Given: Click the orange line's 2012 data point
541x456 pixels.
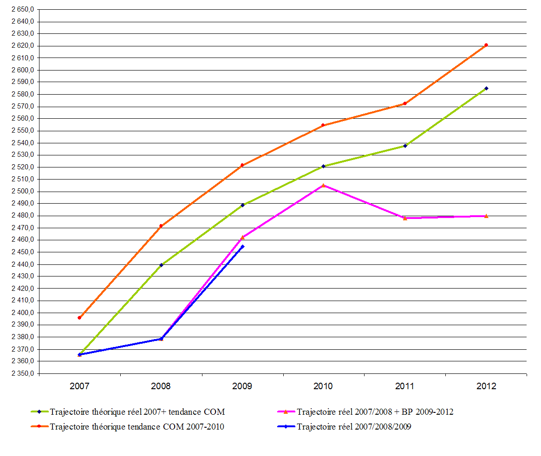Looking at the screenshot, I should [486, 45].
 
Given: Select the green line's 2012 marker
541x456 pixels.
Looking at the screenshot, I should [486, 88].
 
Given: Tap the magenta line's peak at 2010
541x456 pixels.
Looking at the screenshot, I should [323, 186].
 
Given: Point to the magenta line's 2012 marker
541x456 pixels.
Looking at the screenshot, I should [486, 216].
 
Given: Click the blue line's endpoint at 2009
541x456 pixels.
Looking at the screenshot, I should [242, 246].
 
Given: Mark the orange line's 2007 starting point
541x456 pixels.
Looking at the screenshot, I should [79, 318].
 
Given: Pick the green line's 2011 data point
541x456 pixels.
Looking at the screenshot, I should [405, 146].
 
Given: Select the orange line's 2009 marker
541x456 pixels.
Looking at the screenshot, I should [242, 165].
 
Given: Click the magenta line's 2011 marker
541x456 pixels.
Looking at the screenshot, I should [405, 218].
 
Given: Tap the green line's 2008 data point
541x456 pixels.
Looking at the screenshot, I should [161, 265].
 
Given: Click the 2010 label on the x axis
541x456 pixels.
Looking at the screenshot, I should [323, 386].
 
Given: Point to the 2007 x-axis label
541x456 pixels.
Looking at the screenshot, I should [79, 386].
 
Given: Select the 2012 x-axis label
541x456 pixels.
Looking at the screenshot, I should [486, 386].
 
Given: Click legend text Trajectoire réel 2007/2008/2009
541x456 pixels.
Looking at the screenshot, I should [354, 427].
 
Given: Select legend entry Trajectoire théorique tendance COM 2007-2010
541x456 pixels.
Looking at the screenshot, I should [137, 427].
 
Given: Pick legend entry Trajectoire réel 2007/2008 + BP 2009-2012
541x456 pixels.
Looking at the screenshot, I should [375, 412].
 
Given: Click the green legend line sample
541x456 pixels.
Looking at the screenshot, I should [39, 412].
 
